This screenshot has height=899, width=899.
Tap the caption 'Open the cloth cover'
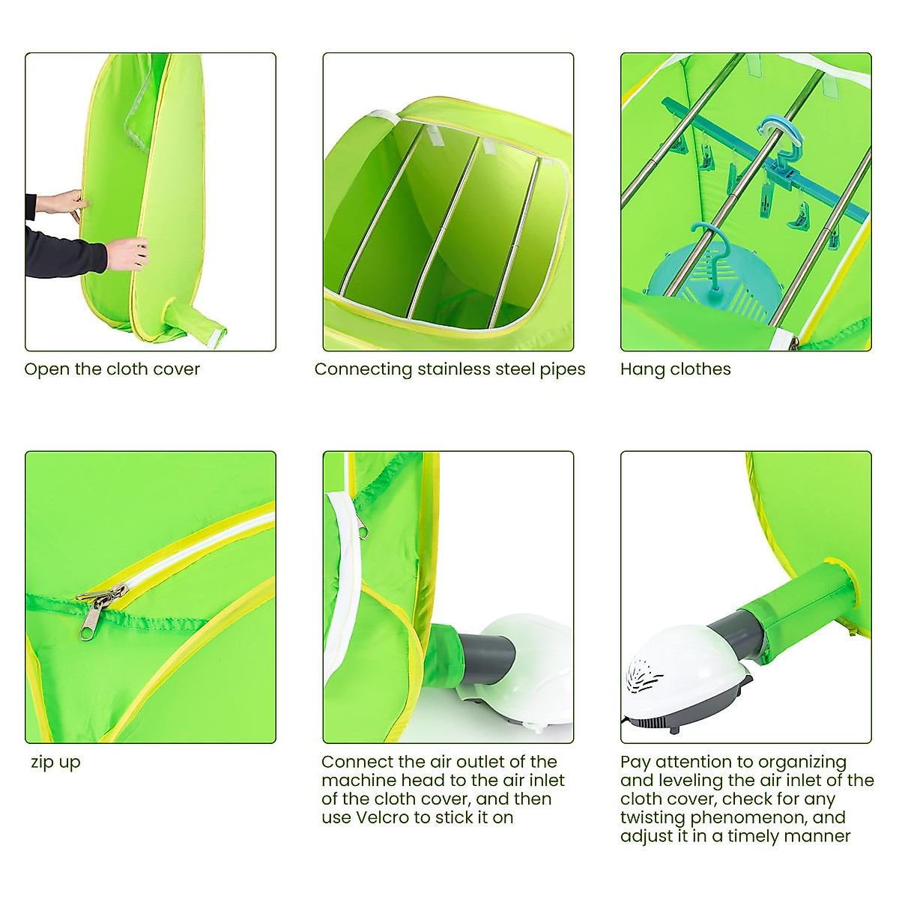pyautogui.click(x=112, y=369)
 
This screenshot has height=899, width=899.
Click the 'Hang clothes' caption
pyautogui.click(x=675, y=369)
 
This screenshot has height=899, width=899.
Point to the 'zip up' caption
pyautogui.click(x=55, y=763)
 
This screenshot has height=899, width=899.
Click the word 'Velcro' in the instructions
pyautogui.click(x=393, y=817)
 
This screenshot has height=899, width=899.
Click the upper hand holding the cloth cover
pyautogui.click(x=64, y=204)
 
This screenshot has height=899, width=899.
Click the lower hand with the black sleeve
pyautogui.click(x=126, y=253)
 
